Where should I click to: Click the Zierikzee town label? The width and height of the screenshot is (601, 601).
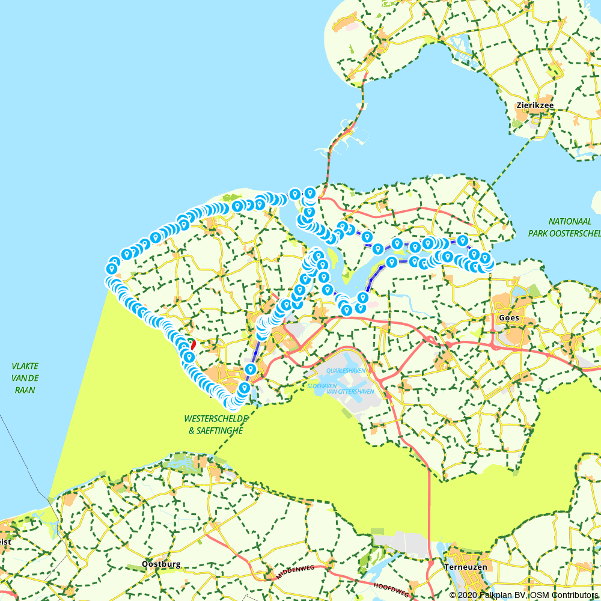[x=535, y=105]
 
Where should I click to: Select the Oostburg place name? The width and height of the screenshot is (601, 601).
[x=161, y=565]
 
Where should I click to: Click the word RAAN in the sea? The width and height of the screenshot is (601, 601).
[x=25, y=390]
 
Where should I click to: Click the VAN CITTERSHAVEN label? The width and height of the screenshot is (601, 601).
[x=350, y=391]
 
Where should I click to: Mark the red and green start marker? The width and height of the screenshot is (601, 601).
[x=191, y=344]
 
